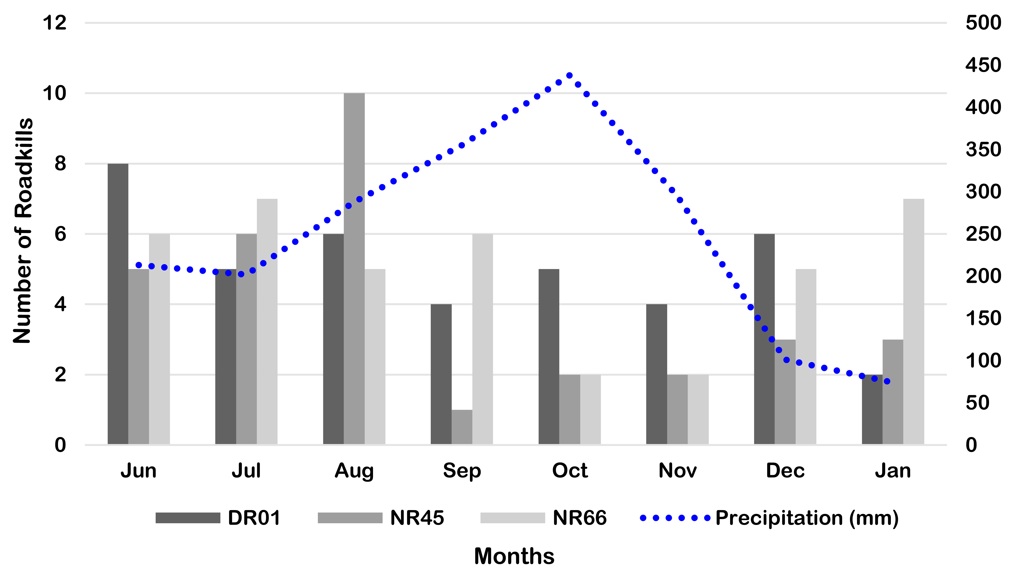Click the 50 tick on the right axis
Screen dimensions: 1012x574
pyautogui.click(x=977, y=402)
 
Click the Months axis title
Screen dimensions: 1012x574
pyautogui.click(x=514, y=556)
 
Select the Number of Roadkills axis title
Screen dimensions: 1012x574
pyautogui.click(x=23, y=231)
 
